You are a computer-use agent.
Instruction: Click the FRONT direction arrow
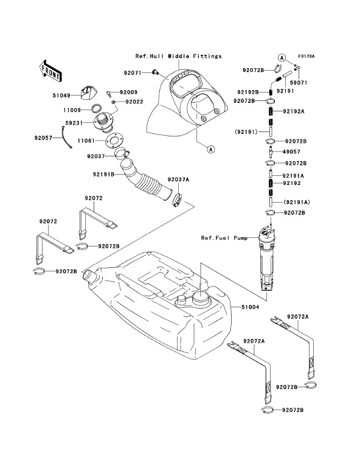50,71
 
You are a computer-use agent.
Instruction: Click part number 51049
61,96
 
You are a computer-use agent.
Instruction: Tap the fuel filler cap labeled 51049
87,92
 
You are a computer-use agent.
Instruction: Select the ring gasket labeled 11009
96,108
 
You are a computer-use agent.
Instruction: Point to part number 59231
74,123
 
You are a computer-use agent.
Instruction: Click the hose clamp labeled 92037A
178,200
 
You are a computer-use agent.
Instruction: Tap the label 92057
43,138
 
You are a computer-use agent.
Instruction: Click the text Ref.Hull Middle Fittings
178,56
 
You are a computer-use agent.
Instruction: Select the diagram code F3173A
306,56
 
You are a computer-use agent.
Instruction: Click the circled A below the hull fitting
212,148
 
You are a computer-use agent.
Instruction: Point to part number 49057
291,152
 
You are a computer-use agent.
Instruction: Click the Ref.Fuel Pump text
224,238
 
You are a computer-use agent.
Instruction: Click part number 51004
250,307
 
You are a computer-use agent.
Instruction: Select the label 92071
133,72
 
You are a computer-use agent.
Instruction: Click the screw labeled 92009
109,94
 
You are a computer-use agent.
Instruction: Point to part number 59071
299,83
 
